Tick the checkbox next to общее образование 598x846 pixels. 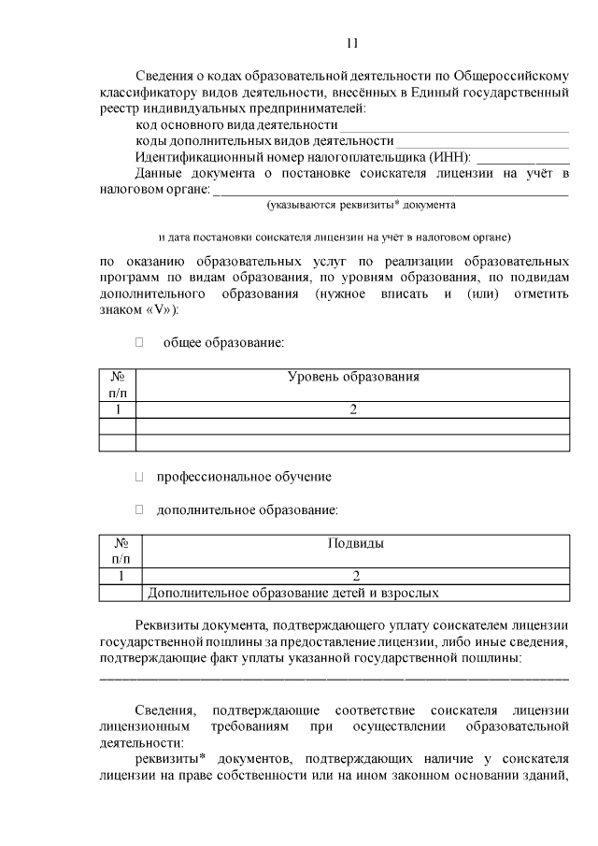[x=139, y=343]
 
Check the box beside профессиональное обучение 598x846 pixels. [x=139, y=477]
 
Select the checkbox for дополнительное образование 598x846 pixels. [x=139, y=509]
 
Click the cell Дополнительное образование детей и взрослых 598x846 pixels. [x=292, y=592]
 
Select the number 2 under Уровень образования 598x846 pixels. [x=352, y=409]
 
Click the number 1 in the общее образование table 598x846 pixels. [x=118, y=409]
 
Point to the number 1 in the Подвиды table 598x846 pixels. [x=121, y=576]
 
